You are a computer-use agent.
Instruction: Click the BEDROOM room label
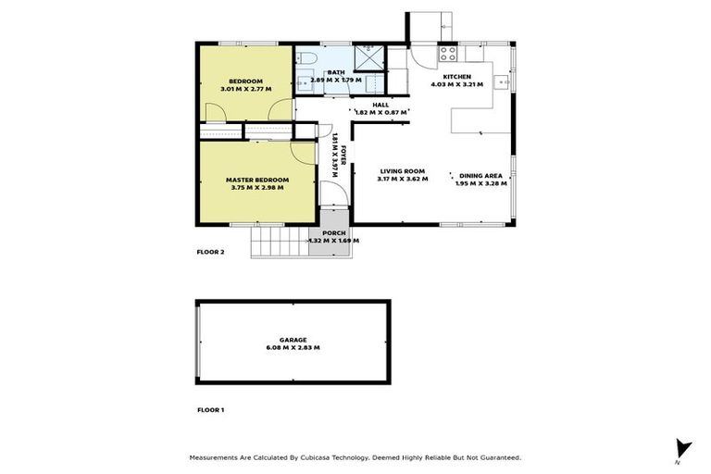(x=247, y=81)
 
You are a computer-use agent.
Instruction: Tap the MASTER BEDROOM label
(x=257, y=179)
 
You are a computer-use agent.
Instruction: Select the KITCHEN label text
(x=457, y=76)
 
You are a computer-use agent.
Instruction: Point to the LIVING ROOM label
(x=402, y=170)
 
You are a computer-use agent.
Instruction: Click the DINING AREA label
(x=480, y=175)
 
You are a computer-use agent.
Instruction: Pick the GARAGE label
(x=294, y=340)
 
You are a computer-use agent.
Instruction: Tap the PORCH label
(x=333, y=232)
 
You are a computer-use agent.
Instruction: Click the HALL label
(x=380, y=105)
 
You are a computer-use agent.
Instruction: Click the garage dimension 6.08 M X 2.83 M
(x=294, y=348)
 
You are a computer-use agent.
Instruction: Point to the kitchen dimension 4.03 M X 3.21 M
(x=457, y=84)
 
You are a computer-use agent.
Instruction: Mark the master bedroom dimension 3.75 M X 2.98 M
(x=257, y=187)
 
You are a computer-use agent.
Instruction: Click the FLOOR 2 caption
(x=211, y=251)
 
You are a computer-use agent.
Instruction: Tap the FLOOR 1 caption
(x=211, y=408)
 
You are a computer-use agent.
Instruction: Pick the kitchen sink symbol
(x=503, y=81)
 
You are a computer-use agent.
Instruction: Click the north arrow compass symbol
(x=683, y=448)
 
